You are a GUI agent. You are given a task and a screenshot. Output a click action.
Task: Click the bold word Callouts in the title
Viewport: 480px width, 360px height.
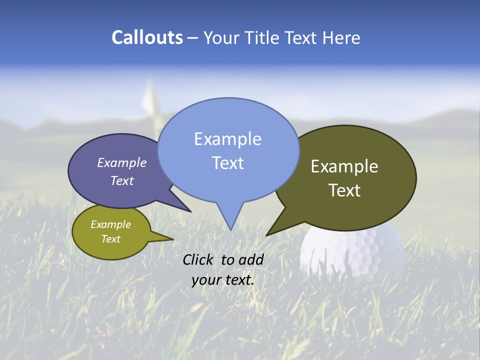pos(147,37)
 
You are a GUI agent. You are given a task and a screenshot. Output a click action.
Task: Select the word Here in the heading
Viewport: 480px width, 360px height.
pos(341,37)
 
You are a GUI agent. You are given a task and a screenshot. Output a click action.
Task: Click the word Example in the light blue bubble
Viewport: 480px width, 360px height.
pos(227,139)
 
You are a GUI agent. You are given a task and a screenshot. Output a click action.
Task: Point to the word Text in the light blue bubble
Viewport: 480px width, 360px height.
pos(227,163)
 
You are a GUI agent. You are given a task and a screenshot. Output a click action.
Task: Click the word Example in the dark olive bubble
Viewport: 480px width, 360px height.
pos(344,166)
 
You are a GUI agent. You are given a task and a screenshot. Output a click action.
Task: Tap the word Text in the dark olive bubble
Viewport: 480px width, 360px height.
pos(344,190)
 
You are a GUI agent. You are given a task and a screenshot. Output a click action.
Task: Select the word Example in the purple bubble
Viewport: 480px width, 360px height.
pos(122,163)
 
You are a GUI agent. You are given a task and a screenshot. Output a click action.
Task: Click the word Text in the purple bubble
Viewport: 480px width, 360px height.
pos(122,180)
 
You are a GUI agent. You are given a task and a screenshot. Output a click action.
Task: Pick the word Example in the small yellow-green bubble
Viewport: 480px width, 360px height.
pos(110,224)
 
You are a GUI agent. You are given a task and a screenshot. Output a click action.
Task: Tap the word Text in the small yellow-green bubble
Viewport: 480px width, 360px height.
pos(110,239)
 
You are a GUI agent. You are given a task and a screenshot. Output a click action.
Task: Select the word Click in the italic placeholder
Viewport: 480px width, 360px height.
pos(199,259)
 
